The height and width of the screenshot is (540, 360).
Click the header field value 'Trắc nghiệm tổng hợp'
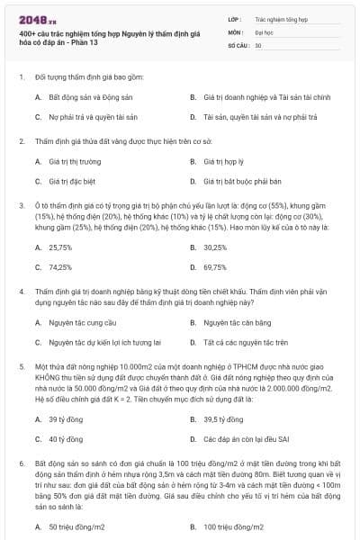(281, 18)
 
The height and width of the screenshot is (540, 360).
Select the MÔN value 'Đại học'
(265, 31)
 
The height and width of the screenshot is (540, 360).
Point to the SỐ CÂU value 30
(258, 44)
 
